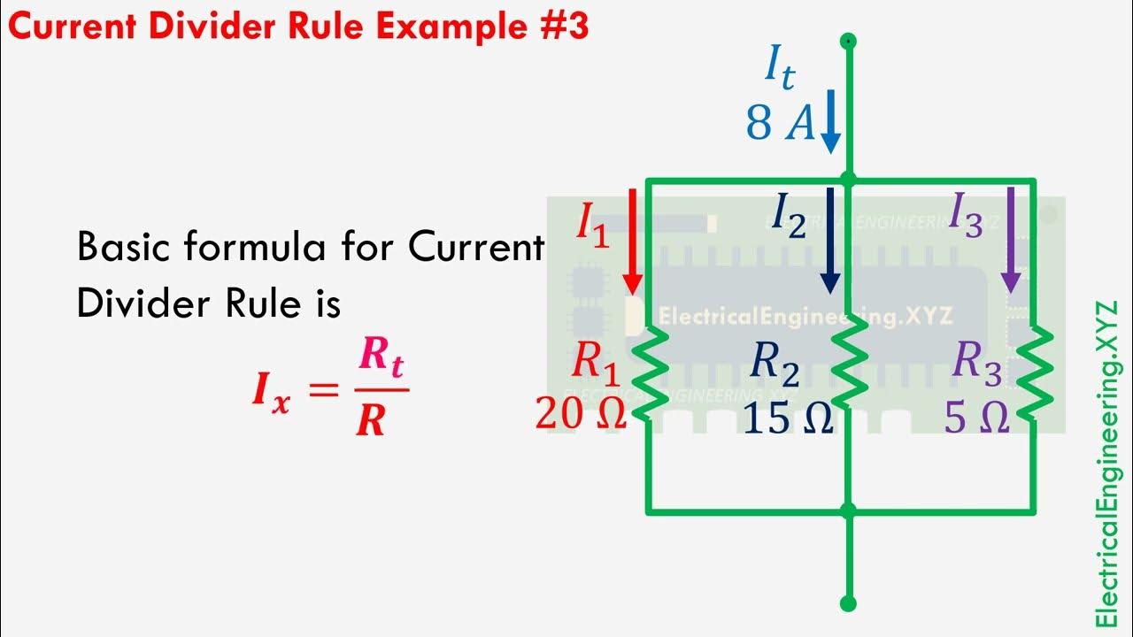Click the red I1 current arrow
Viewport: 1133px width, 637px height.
pyautogui.click(x=632, y=241)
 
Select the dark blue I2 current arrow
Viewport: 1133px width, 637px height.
pyautogui.click(x=829, y=241)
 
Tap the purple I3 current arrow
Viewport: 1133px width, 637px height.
pyautogui.click(x=1011, y=241)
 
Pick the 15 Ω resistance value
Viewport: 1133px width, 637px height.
pyautogui.click(x=789, y=418)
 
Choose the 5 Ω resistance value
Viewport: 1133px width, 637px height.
pyautogui.click(x=976, y=418)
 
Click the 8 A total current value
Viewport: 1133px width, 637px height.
pyautogui.click(x=780, y=124)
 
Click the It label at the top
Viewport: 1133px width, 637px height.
pyautogui.click(x=779, y=69)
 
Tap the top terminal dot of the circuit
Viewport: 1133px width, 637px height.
pyautogui.click(x=848, y=40)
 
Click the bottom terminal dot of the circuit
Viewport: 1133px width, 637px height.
pyautogui.click(x=848, y=604)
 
